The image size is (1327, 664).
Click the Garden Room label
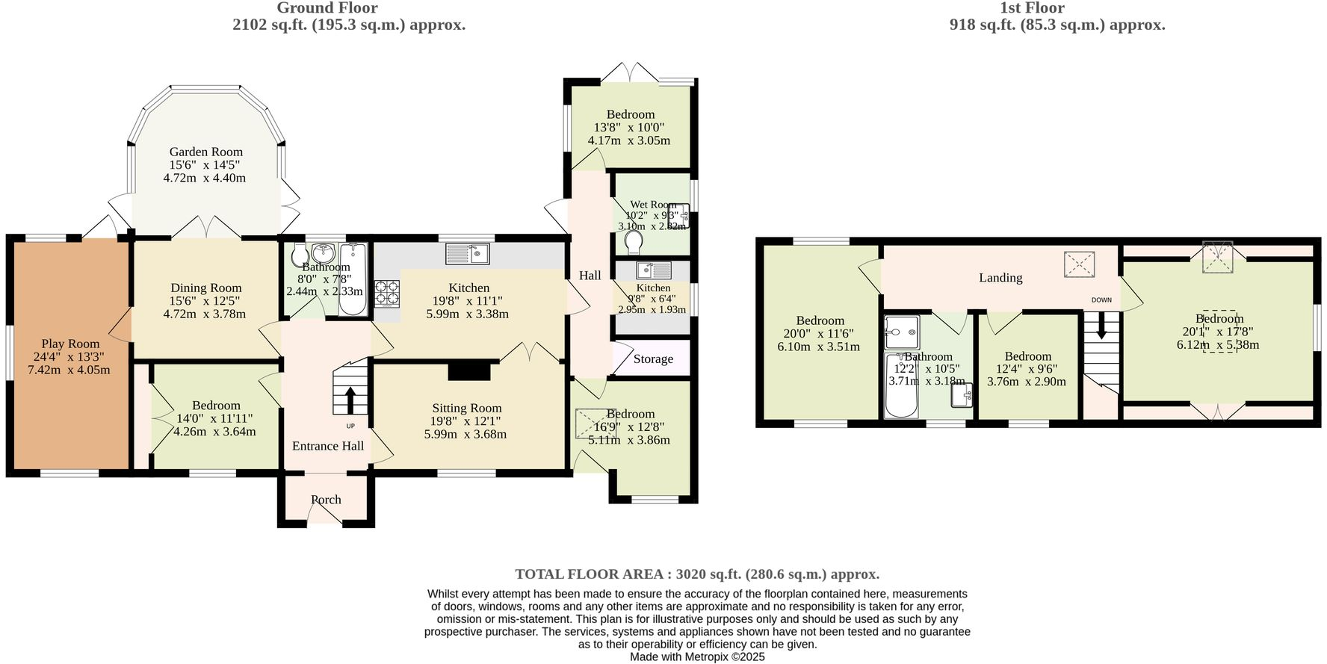click(x=205, y=152)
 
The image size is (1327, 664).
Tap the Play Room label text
click(x=70, y=344)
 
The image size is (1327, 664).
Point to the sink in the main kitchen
click(x=467, y=254)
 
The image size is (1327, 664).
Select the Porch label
click(x=326, y=500)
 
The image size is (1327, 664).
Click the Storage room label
click(x=653, y=359)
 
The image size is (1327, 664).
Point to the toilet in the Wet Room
click(x=633, y=242)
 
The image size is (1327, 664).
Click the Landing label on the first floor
click(x=1000, y=278)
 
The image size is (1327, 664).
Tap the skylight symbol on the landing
click(x=1079, y=264)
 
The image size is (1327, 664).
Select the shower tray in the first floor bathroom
click(x=902, y=332)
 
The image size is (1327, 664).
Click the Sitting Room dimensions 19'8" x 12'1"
click(x=466, y=421)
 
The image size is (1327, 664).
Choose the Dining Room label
click(x=206, y=288)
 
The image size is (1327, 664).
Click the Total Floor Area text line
click(x=696, y=574)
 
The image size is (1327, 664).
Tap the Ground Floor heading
click(x=327, y=8)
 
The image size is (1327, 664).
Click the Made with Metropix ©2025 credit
click(x=696, y=657)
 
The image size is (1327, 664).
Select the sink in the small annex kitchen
click(x=654, y=270)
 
